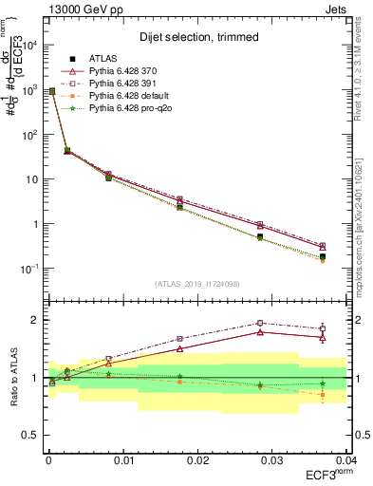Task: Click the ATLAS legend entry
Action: (102, 59)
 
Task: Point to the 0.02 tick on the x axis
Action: (197, 459)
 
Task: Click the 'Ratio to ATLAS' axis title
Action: (12, 378)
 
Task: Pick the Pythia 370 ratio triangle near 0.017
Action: (179, 348)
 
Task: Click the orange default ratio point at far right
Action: (322, 394)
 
